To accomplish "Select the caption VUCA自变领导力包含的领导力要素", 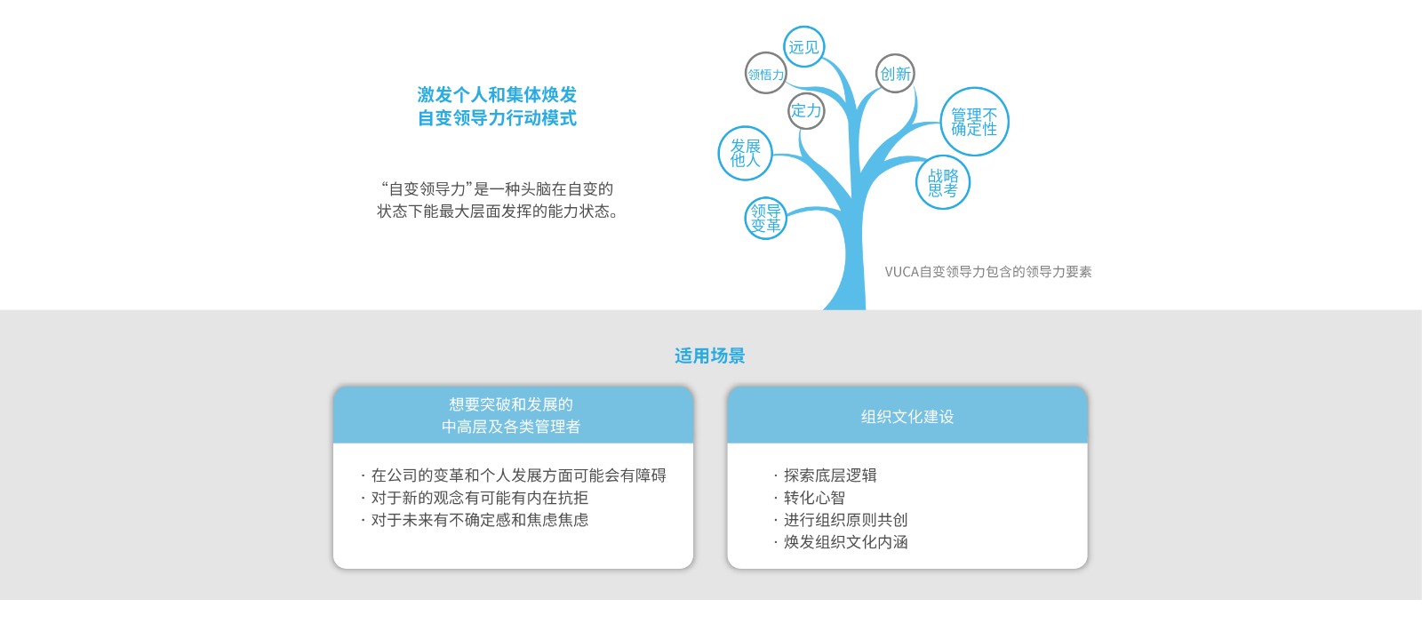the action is point(988,272).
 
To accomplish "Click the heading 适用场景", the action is point(710,355).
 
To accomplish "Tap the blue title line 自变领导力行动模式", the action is point(497,118).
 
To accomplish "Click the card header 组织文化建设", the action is point(907,417).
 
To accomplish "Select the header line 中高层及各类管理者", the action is point(511,427).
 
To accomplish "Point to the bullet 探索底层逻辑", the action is point(830,475).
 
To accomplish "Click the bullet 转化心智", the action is point(814,498).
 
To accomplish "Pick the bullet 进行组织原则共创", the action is point(845,520).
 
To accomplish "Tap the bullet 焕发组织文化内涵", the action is point(845,542).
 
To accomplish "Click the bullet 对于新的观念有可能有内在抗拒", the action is point(480,498).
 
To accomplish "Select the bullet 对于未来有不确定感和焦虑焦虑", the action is point(480,520).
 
